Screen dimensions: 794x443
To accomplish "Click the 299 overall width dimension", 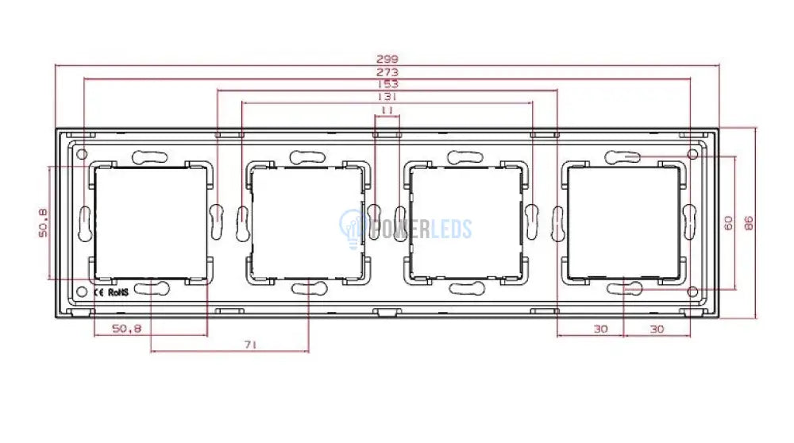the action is coord(387,59).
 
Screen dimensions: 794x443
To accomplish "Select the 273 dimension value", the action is coord(387,72).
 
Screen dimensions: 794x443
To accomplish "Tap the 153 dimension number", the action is coord(387,84).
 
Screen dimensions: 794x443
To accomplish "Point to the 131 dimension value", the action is coord(387,96).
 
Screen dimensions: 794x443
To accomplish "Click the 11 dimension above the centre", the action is coord(387,110).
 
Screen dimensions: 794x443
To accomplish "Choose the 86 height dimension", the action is coord(749,223).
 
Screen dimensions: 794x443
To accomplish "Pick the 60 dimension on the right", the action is coord(728,223).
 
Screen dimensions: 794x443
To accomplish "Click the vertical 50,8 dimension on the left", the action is coord(43,223).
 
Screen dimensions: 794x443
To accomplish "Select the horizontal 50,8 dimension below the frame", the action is coord(126,329).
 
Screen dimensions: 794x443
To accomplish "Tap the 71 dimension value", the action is coord(250,345).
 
